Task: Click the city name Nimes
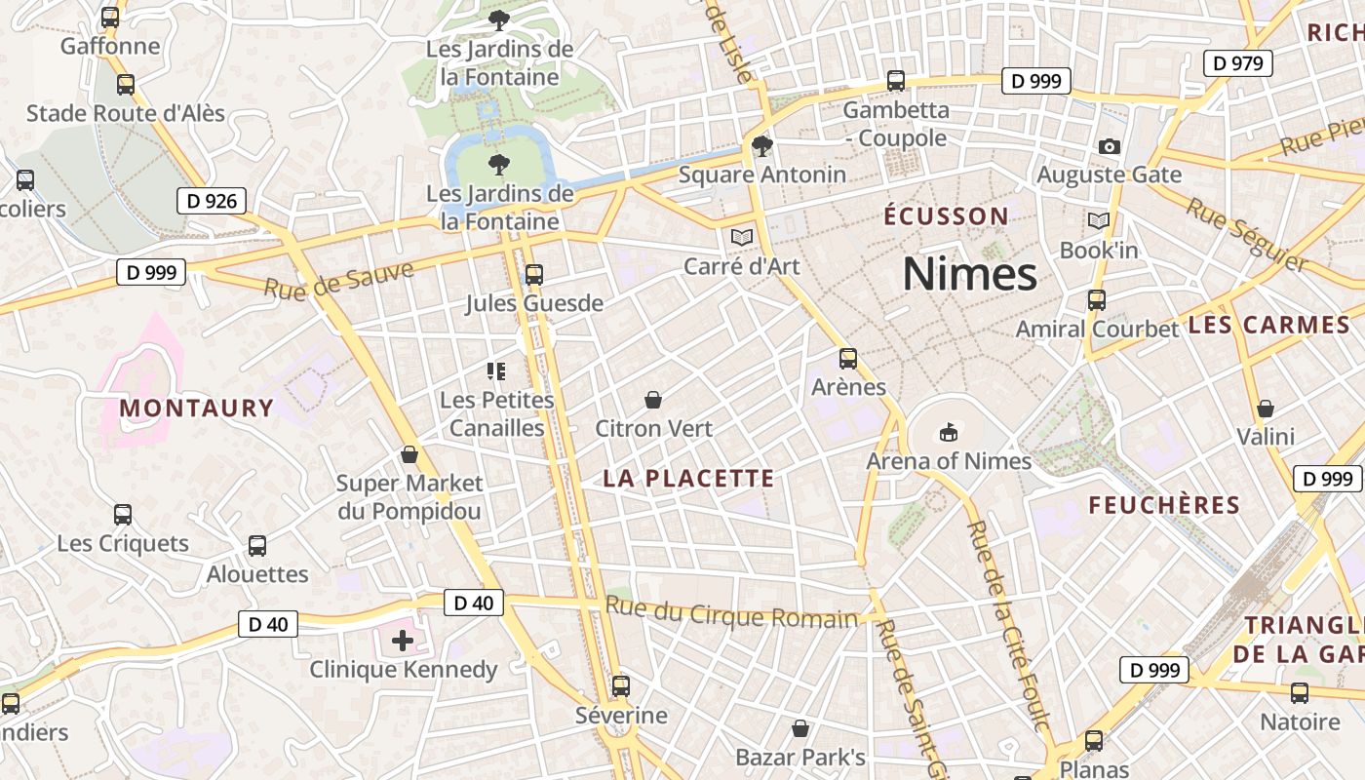click(x=969, y=274)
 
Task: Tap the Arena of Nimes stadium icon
click(x=948, y=432)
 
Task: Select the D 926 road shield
click(x=211, y=202)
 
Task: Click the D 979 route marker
click(x=1238, y=64)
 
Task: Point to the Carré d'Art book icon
click(x=742, y=237)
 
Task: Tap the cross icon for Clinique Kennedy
click(x=403, y=641)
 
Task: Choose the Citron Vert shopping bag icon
click(x=653, y=400)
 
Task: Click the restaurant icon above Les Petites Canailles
click(x=496, y=370)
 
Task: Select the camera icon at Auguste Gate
click(x=1109, y=147)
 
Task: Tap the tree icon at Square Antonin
click(x=761, y=147)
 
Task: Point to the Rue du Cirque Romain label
click(x=731, y=614)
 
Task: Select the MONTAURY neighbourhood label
click(x=196, y=408)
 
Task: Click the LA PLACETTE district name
click(x=688, y=479)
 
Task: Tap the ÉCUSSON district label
click(x=946, y=216)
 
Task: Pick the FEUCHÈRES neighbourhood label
click(x=1163, y=505)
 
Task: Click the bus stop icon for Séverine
click(x=621, y=686)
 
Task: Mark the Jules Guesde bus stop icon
click(x=533, y=275)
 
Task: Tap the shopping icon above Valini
click(x=1265, y=408)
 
